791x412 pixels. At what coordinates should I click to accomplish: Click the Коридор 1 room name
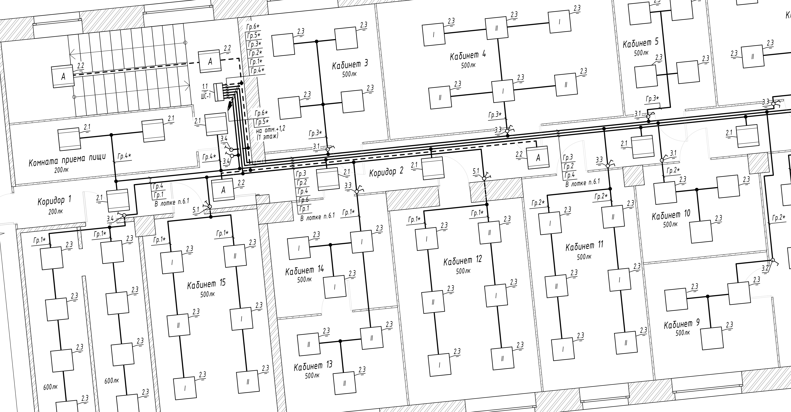pyautogui.click(x=54, y=201)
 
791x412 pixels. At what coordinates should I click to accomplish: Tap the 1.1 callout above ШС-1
pyautogui.click(x=205, y=86)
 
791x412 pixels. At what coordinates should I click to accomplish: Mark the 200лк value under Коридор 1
pyautogui.click(x=56, y=212)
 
